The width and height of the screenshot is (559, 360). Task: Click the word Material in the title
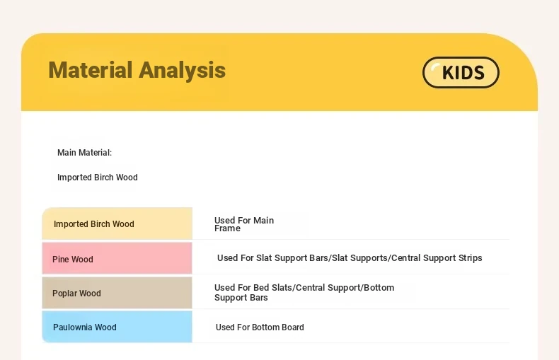[91, 70]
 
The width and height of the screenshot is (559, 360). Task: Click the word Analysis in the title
[182, 71]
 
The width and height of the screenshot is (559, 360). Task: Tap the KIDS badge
[461, 72]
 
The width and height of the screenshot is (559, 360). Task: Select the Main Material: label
[84, 153]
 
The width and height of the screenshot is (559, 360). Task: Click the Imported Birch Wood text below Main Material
[98, 177]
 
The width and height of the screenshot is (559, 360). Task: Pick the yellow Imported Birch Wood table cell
[117, 223]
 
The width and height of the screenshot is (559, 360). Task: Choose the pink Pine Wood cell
[117, 258]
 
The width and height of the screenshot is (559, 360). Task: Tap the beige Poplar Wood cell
[117, 293]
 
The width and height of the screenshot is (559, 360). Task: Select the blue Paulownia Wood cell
[117, 327]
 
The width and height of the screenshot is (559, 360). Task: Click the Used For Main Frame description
[244, 224]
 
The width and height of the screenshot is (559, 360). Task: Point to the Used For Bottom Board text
[260, 327]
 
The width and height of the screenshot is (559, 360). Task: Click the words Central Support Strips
[437, 257]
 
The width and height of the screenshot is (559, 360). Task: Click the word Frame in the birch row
[227, 228]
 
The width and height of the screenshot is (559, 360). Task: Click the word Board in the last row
[293, 327]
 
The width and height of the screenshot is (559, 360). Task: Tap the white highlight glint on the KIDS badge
[435, 67]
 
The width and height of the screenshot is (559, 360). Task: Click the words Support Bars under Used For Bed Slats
[241, 298]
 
